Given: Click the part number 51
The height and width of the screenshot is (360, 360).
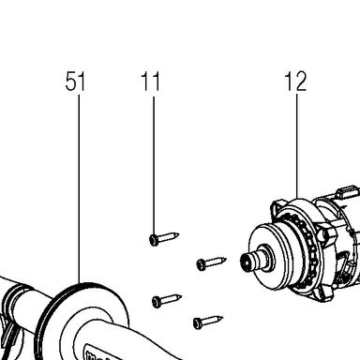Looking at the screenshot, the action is coord(75,82).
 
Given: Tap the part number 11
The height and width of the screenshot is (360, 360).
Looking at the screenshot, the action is coord(150,82).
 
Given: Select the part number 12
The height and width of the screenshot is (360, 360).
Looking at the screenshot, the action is coord(295,82).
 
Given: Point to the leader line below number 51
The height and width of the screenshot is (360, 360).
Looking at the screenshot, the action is coord(79,189).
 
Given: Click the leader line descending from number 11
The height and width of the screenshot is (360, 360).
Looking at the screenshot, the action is coord(154,166).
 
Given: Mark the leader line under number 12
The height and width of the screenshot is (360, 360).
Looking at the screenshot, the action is coord(296,147).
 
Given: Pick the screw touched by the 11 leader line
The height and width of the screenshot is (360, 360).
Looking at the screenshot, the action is coord(164,238).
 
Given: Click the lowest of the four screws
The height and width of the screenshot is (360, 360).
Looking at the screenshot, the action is coord(208,322).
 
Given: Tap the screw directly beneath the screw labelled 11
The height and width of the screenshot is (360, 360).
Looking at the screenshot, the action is coord(167,301).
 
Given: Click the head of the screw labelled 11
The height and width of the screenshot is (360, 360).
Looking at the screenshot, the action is coord(154,240).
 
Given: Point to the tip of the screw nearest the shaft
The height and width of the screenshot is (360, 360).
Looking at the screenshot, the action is coord(226,259).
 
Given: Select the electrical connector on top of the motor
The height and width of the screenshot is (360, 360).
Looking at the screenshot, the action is coord(346,192).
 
